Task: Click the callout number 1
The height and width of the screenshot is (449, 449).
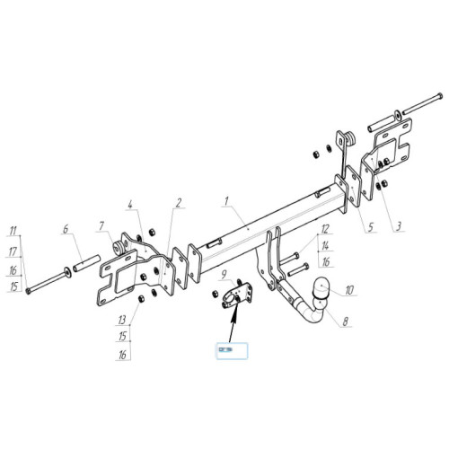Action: pyautogui.click(x=226, y=201)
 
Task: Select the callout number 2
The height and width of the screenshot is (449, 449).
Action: pyautogui.click(x=179, y=203)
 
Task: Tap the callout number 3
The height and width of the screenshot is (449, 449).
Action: pyautogui.click(x=398, y=226)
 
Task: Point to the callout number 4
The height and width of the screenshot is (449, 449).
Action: pyautogui.click(x=130, y=205)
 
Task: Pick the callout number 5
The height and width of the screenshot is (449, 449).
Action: pyautogui.click(x=370, y=227)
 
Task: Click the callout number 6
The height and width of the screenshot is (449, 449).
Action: pyautogui.click(x=66, y=230)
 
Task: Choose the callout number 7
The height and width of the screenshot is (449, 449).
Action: pyautogui.click(x=101, y=226)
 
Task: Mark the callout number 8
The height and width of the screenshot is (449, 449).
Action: pyautogui.click(x=346, y=321)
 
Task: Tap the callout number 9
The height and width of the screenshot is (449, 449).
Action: pyautogui.click(x=224, y=275)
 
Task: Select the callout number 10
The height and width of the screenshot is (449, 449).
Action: pyautogui.click(x=349, y=290)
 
